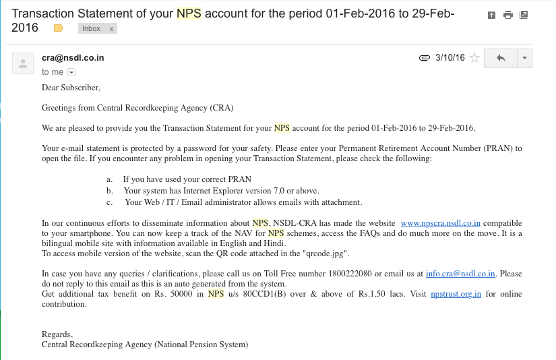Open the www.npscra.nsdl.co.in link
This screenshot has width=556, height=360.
coord(440,223)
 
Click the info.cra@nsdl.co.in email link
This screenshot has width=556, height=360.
coord(460,274)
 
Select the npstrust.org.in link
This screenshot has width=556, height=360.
coord(456,294)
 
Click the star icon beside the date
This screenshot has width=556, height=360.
coord(474,58)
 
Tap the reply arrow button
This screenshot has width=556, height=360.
coord(501,58)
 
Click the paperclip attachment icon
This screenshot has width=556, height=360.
coord(425,58)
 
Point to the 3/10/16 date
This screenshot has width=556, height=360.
coord(450,58)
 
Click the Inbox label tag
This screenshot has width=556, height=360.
coord(91,28)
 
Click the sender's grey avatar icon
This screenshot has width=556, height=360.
coord(24,64)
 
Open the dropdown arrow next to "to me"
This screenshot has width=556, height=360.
coord(71,72)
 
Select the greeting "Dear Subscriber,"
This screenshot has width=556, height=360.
coord(71,88)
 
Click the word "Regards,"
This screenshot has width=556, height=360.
coord(57,334)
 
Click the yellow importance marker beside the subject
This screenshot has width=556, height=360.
coord(59,28)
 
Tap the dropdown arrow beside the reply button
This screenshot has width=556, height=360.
coord(524,58)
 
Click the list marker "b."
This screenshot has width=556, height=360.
coord(109,191)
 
